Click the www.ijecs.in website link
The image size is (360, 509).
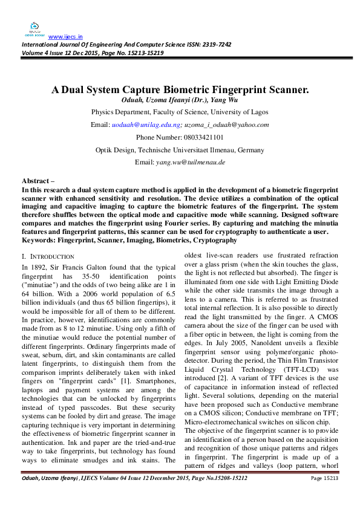point(65,36)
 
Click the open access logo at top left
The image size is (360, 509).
point(34,28)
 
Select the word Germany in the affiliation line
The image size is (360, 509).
point(247,150)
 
